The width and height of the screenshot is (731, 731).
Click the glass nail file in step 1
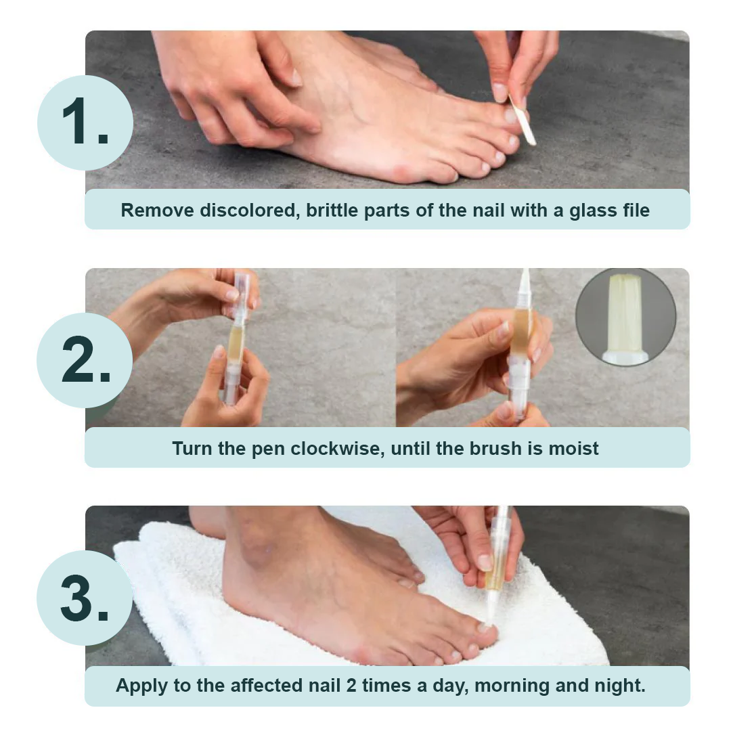coord(523,120)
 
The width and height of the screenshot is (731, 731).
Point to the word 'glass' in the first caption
coord(576,210)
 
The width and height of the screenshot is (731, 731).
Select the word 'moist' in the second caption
coord(573,448)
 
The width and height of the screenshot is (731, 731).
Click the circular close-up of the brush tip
coord(625,317)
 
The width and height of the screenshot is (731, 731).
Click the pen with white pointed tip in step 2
coord(520,345)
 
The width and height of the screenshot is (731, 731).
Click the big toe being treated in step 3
coord(484,634)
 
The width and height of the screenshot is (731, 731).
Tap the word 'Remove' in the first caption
coord(157,210)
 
